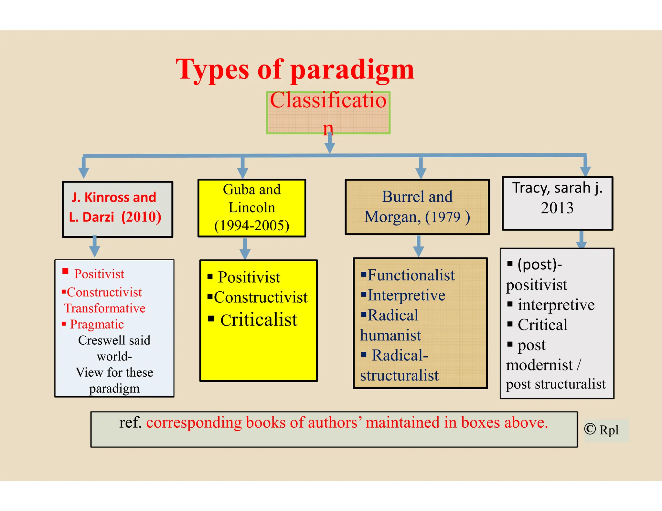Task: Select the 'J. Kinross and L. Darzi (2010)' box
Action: [117, 209]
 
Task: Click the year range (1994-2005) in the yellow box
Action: [252, 225]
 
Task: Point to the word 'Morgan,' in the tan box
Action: [392, 217]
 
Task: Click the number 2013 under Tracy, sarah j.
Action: [557, 208]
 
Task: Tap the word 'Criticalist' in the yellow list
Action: [259, 320]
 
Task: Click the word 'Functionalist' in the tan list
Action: [411, 275]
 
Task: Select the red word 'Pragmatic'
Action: [97, 324]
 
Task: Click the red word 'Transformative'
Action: [104, 308]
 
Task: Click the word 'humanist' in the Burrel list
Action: [390, 335]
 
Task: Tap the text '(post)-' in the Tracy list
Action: [539, 265]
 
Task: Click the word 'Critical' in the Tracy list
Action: [542, 325]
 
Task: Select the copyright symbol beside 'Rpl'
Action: [590, 429]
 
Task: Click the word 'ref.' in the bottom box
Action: [130, 422]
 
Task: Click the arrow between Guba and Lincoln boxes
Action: [245, 248]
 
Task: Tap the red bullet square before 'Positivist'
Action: [66, 271]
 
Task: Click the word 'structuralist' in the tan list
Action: [399, 375]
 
